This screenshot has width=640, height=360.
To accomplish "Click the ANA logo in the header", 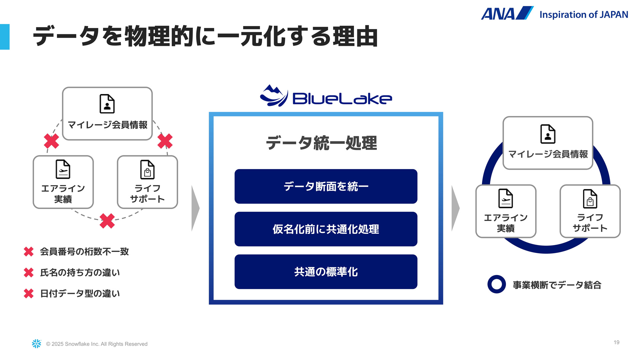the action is (x=507, y=13).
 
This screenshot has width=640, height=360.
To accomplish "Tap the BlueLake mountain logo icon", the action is (x=274, y=96).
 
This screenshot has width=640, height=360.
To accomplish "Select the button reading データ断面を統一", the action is (x=326, y=186).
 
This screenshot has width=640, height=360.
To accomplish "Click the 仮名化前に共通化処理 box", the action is (x=326, y=229).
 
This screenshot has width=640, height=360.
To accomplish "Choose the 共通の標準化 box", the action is (x=326, y=272).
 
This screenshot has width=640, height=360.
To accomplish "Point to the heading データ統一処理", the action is (x=322, y=143).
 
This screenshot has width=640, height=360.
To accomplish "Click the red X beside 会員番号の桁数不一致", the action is (x=29, y=252).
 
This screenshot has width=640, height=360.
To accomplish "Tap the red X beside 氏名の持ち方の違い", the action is (x=29, y=273).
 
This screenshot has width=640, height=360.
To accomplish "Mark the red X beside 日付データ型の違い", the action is (x=29, y=294).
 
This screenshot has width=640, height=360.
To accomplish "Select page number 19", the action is (x=617, y=342).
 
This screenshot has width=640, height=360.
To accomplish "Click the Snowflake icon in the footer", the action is (x=36, y=344).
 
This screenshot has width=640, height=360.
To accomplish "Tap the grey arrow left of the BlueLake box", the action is (x=195, y=208).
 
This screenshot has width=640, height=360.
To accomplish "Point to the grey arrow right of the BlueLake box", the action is (x=456, y=208).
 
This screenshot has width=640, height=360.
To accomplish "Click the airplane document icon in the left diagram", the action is (x=63, y=169).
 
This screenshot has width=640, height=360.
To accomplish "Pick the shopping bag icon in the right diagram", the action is (x=590, y=199).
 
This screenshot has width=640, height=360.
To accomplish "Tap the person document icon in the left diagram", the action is (x=107, y=104).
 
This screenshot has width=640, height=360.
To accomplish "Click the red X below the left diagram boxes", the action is (x=107, y=221).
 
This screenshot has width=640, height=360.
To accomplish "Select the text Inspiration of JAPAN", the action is (x=584, y=15).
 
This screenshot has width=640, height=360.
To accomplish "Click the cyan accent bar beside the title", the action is (x=5, y=37).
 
